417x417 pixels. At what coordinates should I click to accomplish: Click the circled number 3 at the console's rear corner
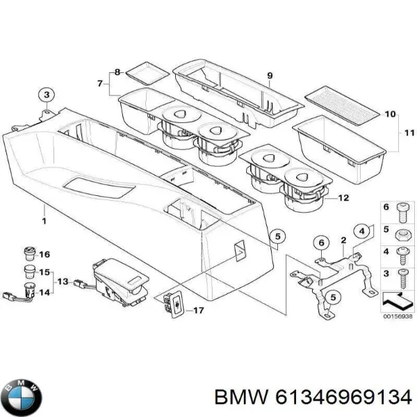pos(46,95)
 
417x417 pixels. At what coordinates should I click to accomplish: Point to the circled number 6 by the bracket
pos(320,243)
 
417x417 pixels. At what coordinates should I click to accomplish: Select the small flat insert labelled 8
pos(145,71)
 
